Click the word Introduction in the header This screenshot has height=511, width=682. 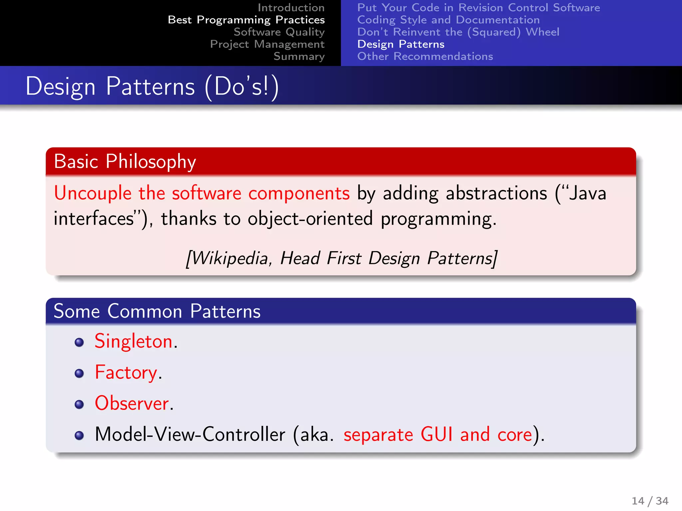pos(291,8)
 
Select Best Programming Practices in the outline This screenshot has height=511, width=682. pos(246,20)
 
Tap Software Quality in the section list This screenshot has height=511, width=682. pos(279,32)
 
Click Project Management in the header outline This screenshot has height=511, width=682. pos(267,44)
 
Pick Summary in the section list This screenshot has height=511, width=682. pos(299,57)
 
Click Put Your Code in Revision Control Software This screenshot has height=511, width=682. pos(478,8)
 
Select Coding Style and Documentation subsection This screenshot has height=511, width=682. pos(448,20)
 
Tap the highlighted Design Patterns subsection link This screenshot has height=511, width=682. pos(401,44)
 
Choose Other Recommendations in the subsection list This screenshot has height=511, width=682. pos(425,57)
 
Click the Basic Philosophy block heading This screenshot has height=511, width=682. pos(125,162)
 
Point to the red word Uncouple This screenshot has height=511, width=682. pos(93,193)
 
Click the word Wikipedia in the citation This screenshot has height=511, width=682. pos(230,258)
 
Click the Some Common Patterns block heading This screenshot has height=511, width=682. pos(157,311)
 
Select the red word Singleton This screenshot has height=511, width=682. pos(133,341)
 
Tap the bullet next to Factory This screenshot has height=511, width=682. pos(79,373)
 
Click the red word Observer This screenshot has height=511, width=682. pos(132,404)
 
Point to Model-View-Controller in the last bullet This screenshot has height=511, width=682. pos(190,434)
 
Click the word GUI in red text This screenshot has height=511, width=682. pos(436,434)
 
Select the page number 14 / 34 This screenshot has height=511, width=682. pos(650,501)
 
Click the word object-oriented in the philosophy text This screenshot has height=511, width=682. pos(310,219)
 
